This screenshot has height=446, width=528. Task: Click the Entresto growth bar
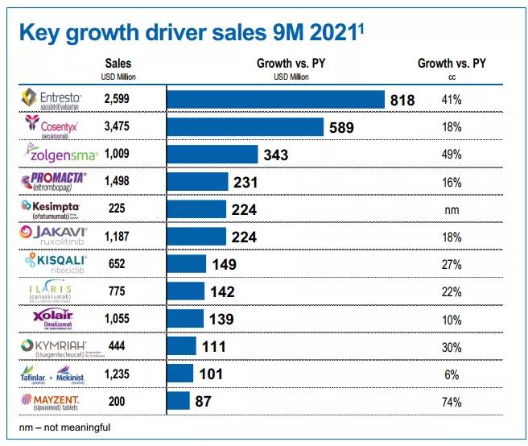point(274,99)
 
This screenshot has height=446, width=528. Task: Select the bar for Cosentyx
point(245,127)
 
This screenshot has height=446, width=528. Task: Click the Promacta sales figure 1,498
point(118,182)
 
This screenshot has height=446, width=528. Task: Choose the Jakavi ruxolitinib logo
point(54,237)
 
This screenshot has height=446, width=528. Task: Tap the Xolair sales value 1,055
point(118,320)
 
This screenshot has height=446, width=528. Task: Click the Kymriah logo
point(54,347)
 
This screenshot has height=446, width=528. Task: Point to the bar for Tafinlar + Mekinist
point(179,374)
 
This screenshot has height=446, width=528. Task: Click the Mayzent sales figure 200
point(118,402)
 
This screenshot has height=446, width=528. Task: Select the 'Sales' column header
point(118,63)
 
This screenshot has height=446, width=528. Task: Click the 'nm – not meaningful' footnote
point(64,427)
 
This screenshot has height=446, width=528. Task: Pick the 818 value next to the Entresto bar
point(402,100)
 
